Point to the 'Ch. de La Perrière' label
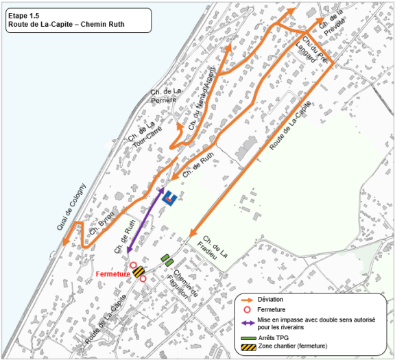tap(166, 97)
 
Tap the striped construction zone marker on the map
tap(138, 272)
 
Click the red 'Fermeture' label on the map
tap(113, 274)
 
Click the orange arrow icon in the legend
tap(247, 300)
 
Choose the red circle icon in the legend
tap(247, 310)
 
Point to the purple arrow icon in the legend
tap(247, 321)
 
